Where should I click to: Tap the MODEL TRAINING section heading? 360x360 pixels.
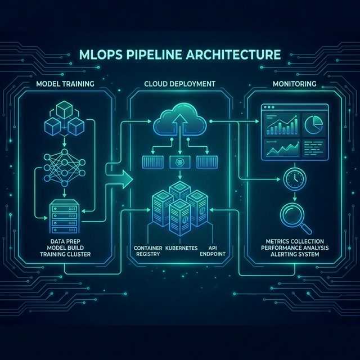pyautogui.click(x=65, y=84)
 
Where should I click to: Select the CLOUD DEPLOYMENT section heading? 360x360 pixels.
pyautogui.click(x=180, y=84)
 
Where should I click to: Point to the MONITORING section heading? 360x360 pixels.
pyautogui.click(x=294, y=84)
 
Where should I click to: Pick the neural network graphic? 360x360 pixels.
pyautogui.click(x=65, y=168)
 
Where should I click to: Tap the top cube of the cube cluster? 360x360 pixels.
pyautogui.click(x=65, y=109)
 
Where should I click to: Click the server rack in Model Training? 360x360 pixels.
pyautogui.click(x=65, y=216)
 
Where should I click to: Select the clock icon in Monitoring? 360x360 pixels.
pyautogui.click(x=295, y=179)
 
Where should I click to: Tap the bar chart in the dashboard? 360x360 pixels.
pyautogui.click(x=282, y=125)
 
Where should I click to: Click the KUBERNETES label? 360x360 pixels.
pyautogui.click(x=181, y=248)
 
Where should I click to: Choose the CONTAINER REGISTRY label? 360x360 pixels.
pyautogui.click(x=148, y=251)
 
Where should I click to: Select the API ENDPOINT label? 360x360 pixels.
pyautogui.click(x=213, y=251)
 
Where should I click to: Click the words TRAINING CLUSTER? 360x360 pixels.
pyautogui.click(x=65, y=254)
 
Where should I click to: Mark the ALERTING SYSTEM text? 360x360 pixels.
pyautogui.click(x=295, y=254)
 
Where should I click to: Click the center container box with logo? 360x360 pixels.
pyautogui.click(x=180, y=163)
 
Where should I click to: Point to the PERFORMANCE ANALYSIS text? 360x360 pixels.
pyautogui.click(x=295, y=247)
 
